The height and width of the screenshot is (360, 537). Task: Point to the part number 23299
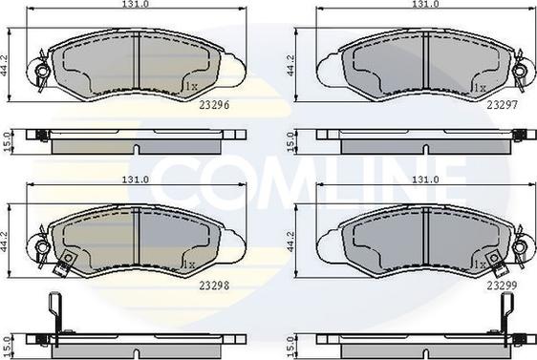point(503,284)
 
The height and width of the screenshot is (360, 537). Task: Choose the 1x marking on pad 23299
point(478,263)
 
